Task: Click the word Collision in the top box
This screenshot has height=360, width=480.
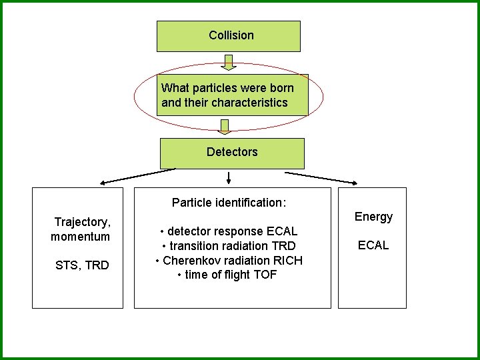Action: point(231,35)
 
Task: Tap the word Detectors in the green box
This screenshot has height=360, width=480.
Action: point(231,152)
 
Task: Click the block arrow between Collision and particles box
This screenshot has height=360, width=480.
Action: point(229,61)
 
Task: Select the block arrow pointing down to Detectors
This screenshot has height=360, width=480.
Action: point(225,127)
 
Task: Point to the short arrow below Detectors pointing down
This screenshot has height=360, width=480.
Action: point(229,178)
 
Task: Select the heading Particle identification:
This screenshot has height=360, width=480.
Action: point(229,203)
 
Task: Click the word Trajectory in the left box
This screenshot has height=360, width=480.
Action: point(81,221)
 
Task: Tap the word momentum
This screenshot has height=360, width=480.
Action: point(80,237)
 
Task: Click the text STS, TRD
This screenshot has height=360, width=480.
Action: point(82,265)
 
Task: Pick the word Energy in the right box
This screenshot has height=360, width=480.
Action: point(373,217)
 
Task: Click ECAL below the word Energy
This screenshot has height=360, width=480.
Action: point(373,245)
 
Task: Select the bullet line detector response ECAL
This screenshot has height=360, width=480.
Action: point(229,231)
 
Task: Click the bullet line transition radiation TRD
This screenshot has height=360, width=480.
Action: point(229,246)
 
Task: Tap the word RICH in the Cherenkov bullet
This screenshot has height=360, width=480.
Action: point(287,261)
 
